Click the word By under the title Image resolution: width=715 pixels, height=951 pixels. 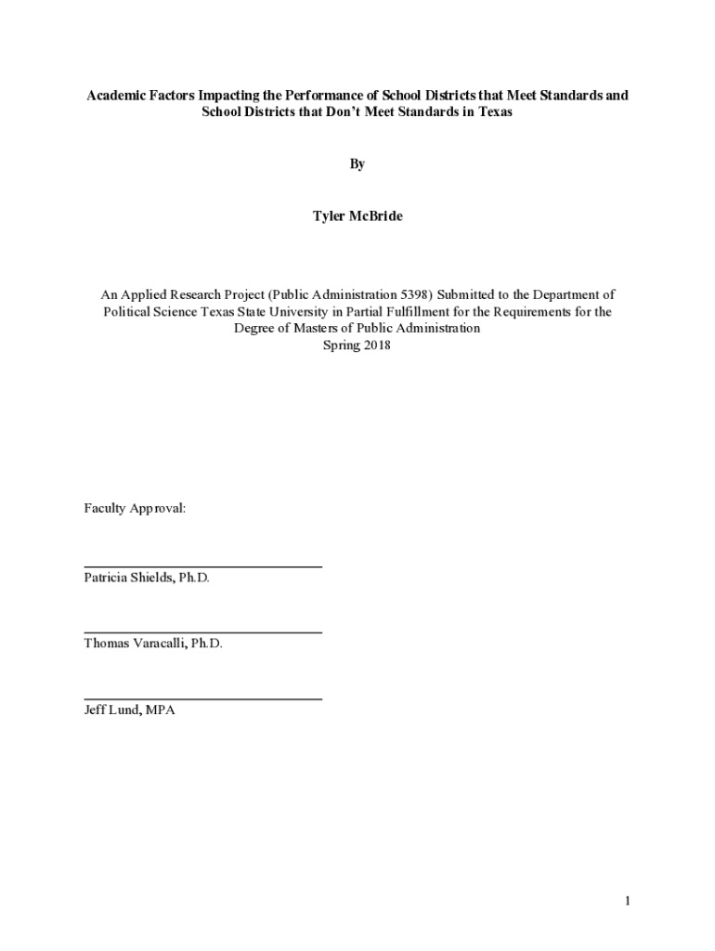pyautogui.click(x=357, y=164)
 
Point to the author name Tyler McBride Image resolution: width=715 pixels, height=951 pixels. pyautogui.click(x=357, y=217)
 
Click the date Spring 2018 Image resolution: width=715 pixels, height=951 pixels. pyautogui.click(x=357, y=345)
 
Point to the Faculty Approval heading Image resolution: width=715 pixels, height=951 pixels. pyautogui.click(x=135, y=509)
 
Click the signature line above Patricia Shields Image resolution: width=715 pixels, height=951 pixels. pyautogui.click(x=203, y=567)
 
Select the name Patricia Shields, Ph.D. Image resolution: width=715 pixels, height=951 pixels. pyautogui.click(x=147, y=578)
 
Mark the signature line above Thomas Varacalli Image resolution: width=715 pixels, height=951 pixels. pyautogui.click(x=203, y=632)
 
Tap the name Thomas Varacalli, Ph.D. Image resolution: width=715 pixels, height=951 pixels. pyautogui.click(x=153, y=644)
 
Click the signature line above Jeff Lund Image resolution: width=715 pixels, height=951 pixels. pyautogui.click(x=203, y=698)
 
